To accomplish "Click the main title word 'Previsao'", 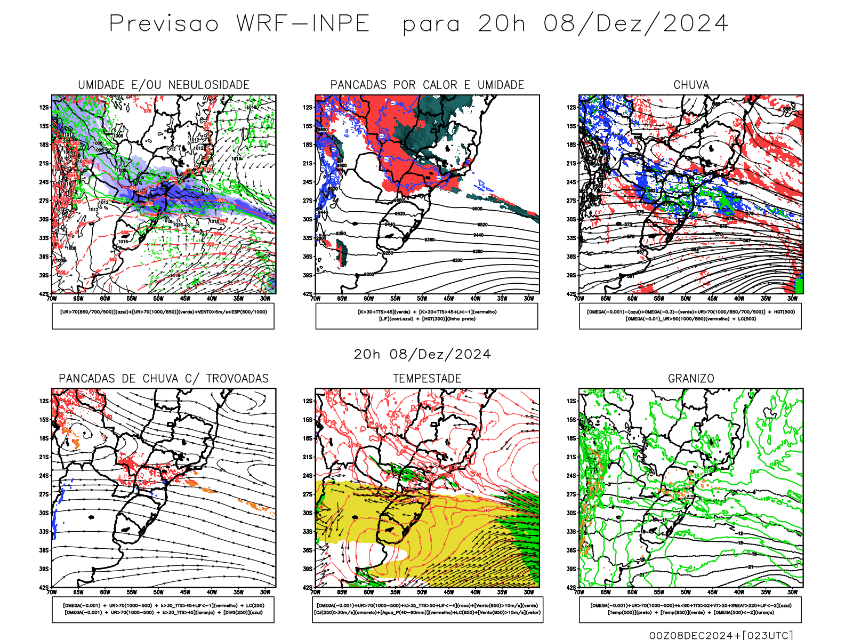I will (164, 24).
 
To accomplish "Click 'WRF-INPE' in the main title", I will (303, 24).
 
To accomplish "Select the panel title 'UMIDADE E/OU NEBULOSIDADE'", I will (164, 85).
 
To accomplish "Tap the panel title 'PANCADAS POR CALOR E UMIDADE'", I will (427, 85).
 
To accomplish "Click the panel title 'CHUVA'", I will (691, 85).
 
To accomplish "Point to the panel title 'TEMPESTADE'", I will (427, 379).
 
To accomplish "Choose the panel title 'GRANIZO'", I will (691, 379).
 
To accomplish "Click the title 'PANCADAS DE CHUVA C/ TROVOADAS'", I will (164, 379).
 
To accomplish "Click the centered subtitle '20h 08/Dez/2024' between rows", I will (422, 354).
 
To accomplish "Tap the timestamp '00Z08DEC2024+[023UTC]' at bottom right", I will (721, 635).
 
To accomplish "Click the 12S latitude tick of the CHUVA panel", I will (572, 108).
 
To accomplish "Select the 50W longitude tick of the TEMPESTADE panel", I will (422, 592).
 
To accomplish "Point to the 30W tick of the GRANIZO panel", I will (793, 592).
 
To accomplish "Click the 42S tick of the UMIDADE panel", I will (44, 294).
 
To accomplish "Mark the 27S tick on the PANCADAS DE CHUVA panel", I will (44, 494).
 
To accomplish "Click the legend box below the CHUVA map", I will (690, 316).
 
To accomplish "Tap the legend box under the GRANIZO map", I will (690, 609).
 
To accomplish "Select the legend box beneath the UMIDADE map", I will (163, 316).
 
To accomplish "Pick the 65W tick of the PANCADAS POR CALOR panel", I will (342, 299).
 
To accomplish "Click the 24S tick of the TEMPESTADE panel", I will (308, 476).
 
